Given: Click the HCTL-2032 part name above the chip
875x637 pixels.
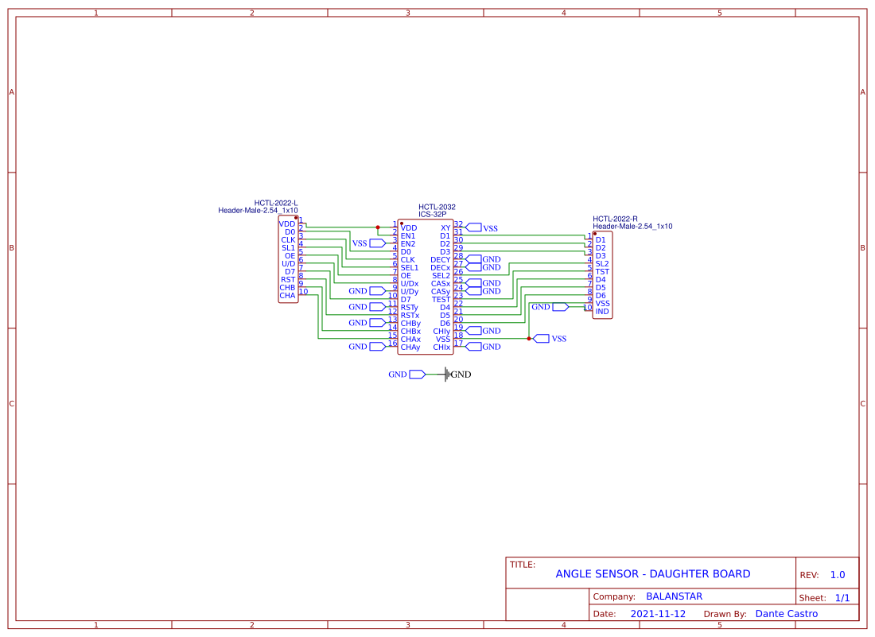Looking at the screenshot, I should (437, 207).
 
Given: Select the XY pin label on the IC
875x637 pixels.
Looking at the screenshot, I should (445, 228).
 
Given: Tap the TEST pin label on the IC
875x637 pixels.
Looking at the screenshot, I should (441, 300).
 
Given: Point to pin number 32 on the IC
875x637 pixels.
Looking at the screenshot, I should (459, 224).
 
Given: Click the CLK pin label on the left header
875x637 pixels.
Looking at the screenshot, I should (288, 240).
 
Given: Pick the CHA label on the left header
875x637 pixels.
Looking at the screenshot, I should (287, 296).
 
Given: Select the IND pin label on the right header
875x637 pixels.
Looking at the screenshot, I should (602, 312).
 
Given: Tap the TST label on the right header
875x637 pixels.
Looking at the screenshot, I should (602, 272).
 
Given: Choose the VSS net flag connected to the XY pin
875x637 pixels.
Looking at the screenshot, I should (474, 228).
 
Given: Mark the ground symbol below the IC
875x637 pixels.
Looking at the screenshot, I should (449, 375).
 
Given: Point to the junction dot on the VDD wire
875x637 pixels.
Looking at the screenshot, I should (378, 228).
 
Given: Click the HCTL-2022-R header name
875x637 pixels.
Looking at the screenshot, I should (615, 219).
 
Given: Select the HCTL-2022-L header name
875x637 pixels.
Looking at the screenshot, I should (275, 203).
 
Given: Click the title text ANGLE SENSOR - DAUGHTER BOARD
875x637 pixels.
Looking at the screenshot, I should (652, 574).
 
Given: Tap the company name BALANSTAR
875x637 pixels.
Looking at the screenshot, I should (674, 596).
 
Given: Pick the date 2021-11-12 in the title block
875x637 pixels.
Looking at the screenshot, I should (658, 614).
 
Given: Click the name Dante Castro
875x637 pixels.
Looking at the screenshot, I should (786, 614).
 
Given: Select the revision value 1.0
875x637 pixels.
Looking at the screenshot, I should (838, 575).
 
